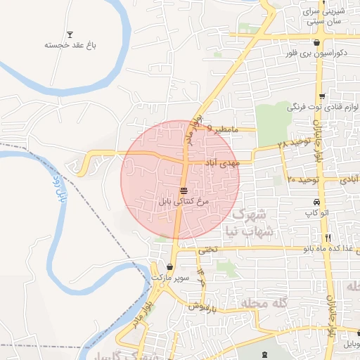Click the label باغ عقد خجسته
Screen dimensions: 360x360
pyautogui.click(x=70, y=45)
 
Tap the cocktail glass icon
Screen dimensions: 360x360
pyautogui.click(x=70, y=34)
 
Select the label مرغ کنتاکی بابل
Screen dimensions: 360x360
pyautogui.click(x=184, y=201)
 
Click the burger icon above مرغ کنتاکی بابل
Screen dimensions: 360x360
pyautogui.click(x=184, y=191)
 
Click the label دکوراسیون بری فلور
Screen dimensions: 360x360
pyautogui.click(x=316, y=53)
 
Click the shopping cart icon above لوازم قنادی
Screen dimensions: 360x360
pyautogui.click(x=322, y=97)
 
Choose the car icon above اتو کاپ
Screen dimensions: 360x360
pyautogui.click(x=317, y=202)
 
